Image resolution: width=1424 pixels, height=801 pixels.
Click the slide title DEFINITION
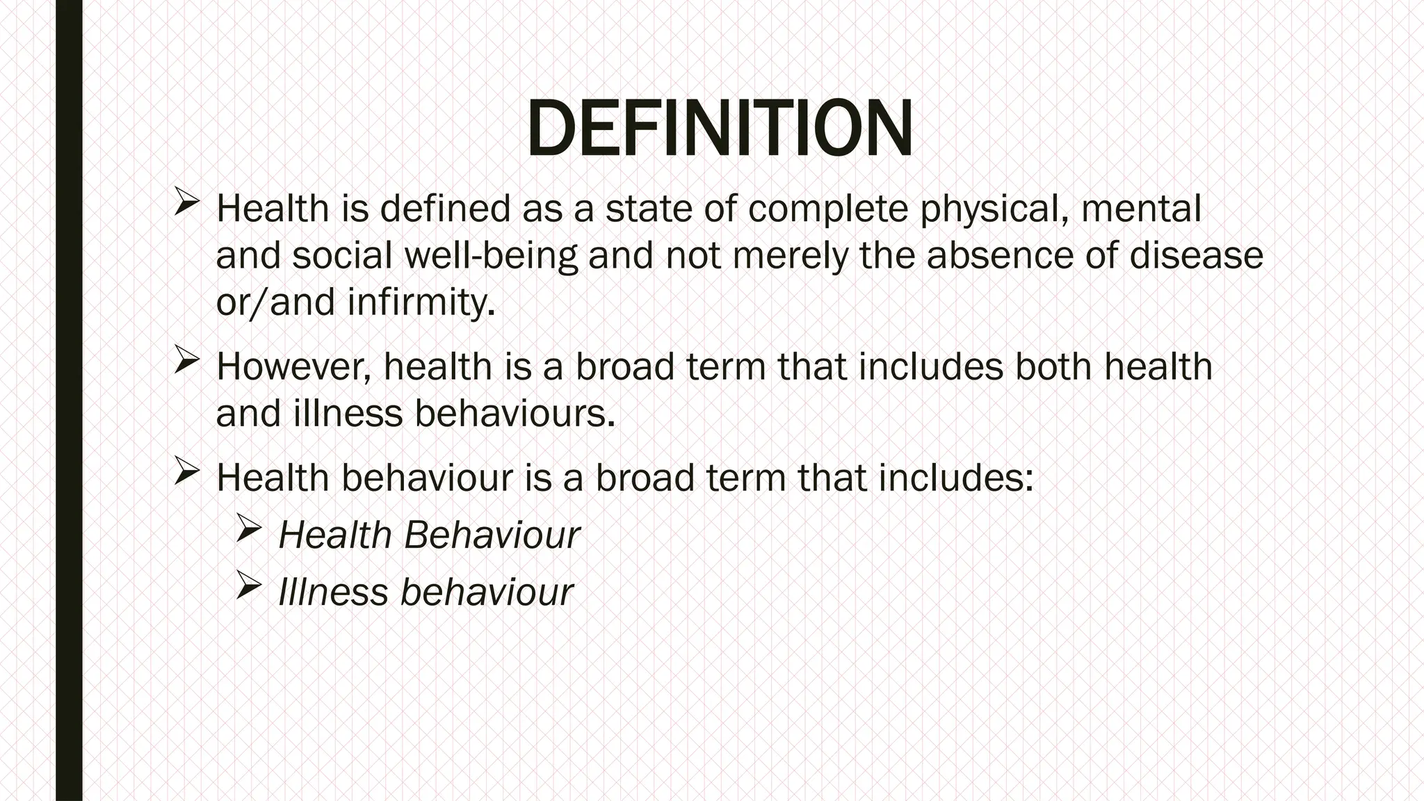719,129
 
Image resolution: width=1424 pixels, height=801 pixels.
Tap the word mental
1141,209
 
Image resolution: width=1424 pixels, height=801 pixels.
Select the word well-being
491,255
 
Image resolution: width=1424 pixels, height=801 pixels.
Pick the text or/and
276,302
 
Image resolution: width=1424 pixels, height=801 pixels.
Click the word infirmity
421,302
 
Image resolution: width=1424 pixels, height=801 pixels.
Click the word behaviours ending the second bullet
515,413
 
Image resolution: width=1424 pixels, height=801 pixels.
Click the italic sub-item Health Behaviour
429,535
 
